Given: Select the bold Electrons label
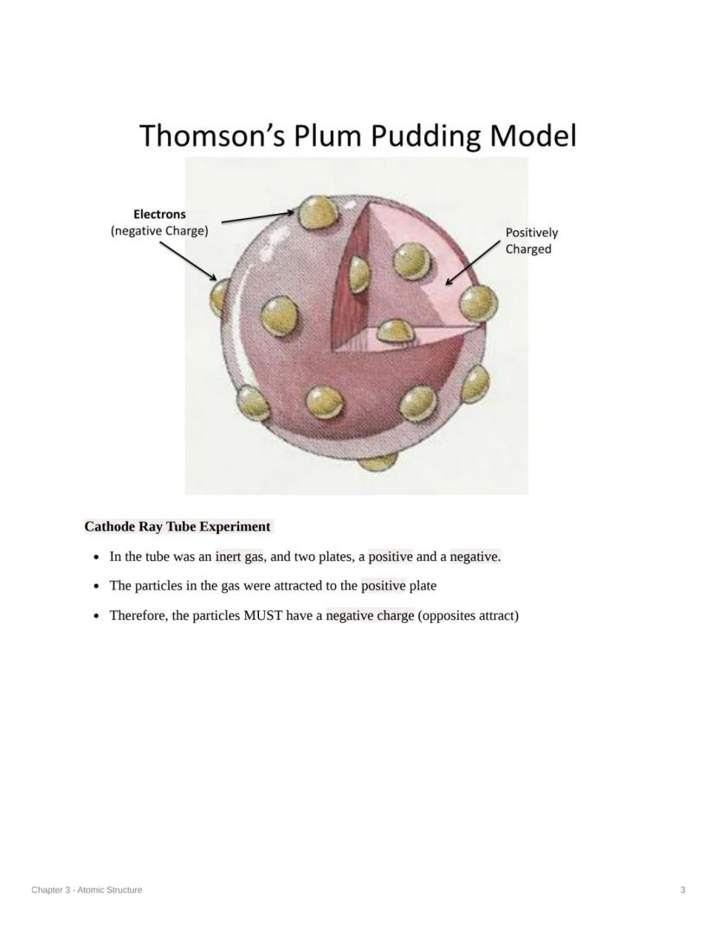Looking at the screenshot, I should point(159,214).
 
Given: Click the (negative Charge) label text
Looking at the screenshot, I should point(159,231).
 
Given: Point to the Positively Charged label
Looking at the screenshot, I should point(531,241).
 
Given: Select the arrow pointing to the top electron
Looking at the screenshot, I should point(258,216).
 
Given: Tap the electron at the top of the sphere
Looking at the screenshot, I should point(315,213).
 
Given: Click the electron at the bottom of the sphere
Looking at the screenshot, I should point(378,460).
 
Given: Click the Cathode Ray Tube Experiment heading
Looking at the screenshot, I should point(178,526).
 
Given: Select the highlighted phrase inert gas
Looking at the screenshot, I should point(240,557).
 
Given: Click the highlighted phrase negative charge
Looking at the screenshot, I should point(370,615).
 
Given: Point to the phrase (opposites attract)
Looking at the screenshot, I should point(468,615).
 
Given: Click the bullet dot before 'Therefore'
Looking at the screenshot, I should point(97,616).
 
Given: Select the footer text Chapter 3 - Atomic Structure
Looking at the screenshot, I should point(87,890).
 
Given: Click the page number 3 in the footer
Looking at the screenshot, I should point(683,890).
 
